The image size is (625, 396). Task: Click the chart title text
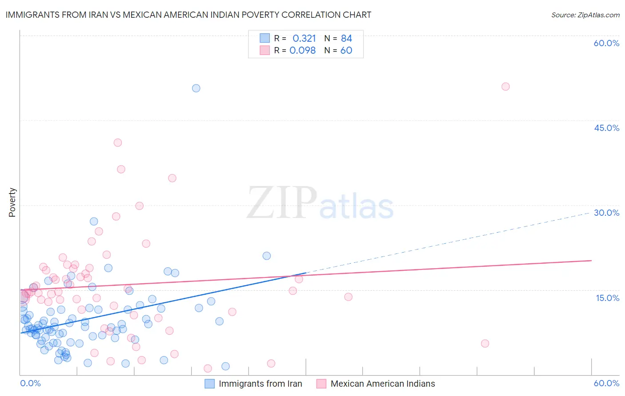click(x=188, y=15)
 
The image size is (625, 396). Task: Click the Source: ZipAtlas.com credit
click(x=585, y=15)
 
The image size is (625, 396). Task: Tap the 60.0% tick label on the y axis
click(x=606, y=43)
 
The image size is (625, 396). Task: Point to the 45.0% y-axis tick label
click(x=606, y=128)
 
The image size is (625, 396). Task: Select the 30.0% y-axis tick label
click(x=606, y=213)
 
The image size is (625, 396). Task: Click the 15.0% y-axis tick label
click(x=607, y=298)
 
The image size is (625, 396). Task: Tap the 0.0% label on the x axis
click(x=30, y=383)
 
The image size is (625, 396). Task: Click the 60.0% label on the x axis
click(x=606, y=383)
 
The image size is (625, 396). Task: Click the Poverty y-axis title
click(x=12, y=202)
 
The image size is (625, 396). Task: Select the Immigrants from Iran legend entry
click(x=260, y=384)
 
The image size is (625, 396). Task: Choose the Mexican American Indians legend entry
click(x=382, y=384)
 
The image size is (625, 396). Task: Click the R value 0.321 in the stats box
click(x=304, y=39)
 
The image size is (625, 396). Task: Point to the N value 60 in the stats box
click(x=346, y=51)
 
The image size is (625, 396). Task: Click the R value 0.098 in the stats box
click(x=303, y=51)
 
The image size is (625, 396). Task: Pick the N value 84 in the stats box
click(x=346, y=39)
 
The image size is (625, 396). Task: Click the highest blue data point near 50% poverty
click(x=196, y=88)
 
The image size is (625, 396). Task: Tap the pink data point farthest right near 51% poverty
click(x=505, y=87)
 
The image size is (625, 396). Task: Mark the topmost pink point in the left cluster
click(x=118, y=143)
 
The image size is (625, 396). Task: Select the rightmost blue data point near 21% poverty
click(x=267, y=256)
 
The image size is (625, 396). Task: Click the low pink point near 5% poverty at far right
click(x=485, y=343)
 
